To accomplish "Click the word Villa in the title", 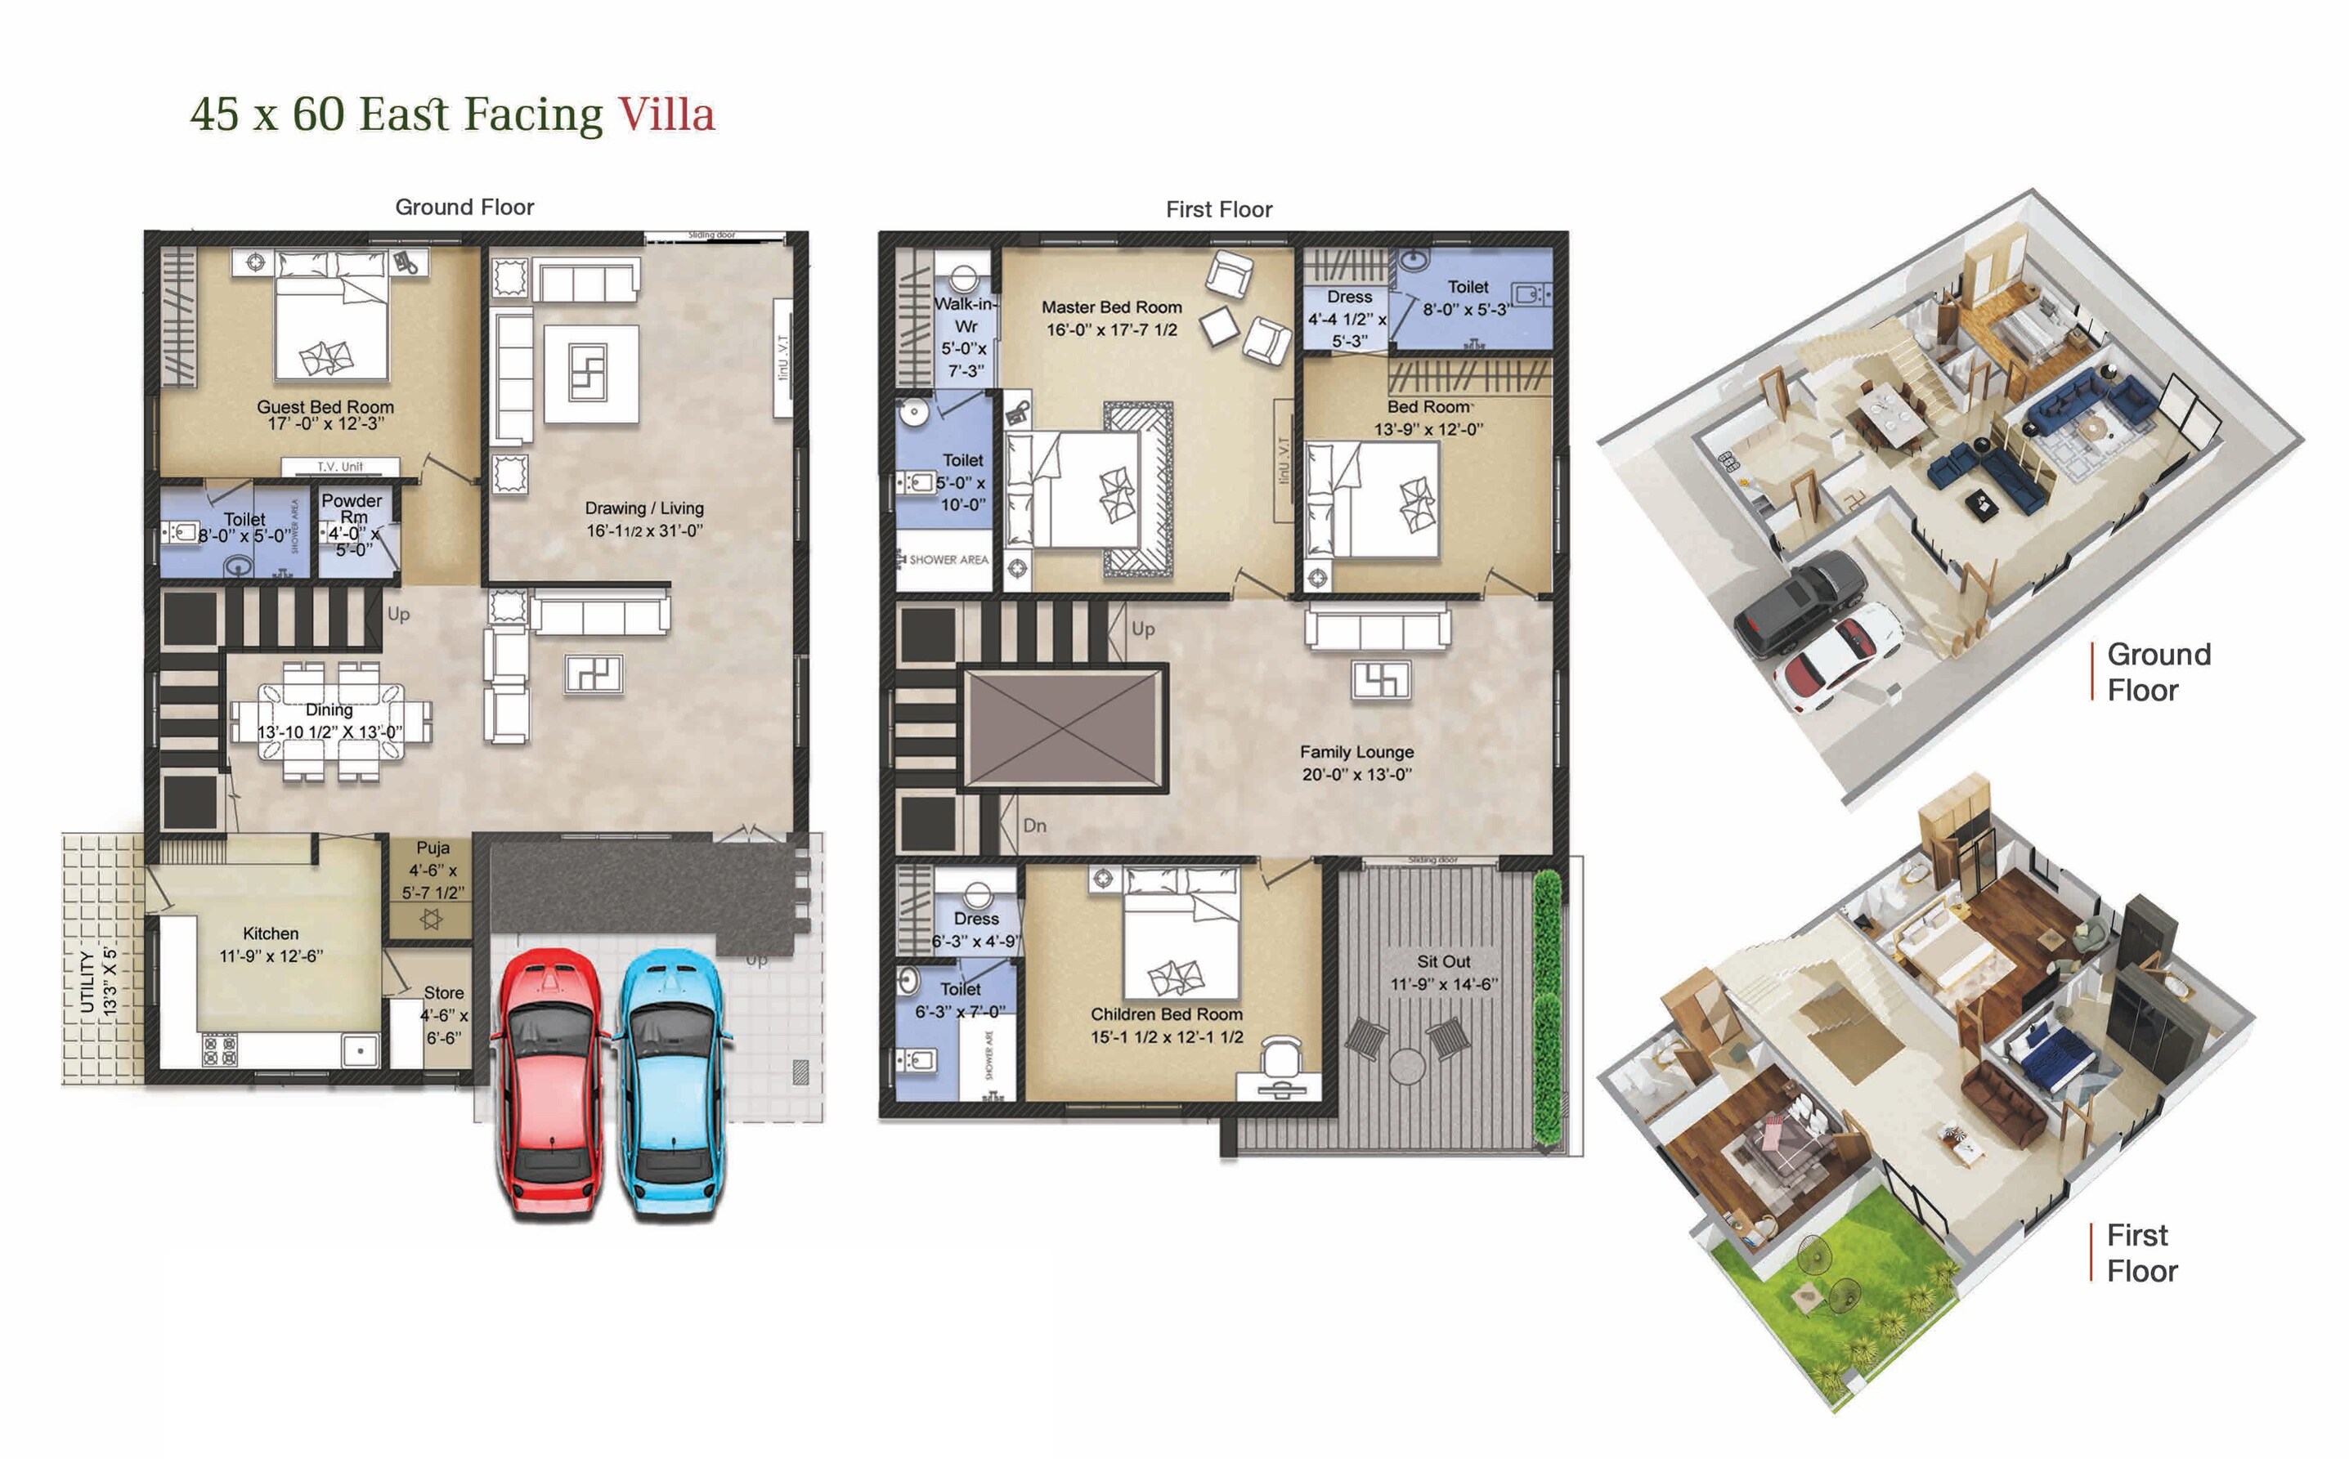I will [666, 114].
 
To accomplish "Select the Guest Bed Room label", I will [325, 407].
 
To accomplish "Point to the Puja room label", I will [433, 848].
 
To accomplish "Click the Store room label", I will [444, 993].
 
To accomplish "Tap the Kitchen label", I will [271, 934].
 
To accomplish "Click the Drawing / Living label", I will [643, 508].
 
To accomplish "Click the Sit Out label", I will [1444, 962].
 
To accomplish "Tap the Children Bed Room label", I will [1166, 1015].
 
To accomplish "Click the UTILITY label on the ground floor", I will [87, 982].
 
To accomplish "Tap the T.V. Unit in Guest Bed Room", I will [339, 467].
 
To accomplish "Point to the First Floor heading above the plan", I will [1218, 209].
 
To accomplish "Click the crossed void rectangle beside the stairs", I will [1065, 728].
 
